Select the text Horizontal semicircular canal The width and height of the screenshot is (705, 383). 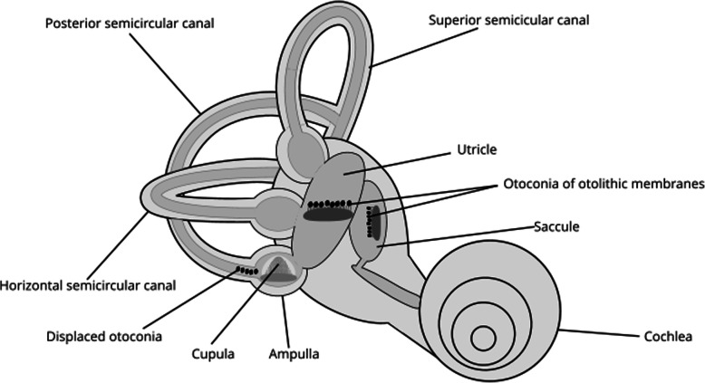(x=89, y=286)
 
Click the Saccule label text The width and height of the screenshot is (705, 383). (x=556, y=225)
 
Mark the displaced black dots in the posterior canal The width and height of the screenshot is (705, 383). (x=245, y=270)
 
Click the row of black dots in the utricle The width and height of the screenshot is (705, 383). (x=327, y=203)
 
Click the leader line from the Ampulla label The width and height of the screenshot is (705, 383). (x=285, y=321)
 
